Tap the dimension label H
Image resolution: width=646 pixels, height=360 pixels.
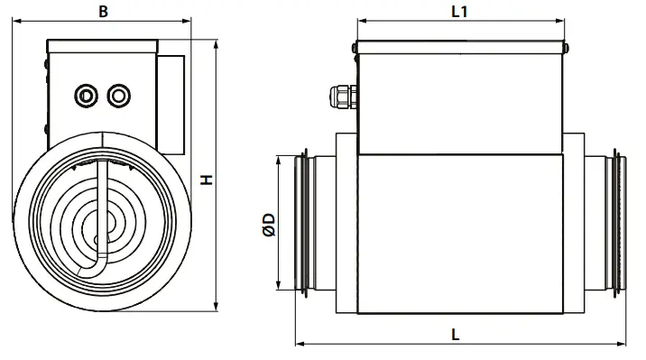pos(207,180)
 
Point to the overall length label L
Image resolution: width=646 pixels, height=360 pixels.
pos(457,333)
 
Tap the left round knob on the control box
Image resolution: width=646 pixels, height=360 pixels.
pos(87,93)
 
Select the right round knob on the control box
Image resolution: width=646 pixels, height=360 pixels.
pos(117,93)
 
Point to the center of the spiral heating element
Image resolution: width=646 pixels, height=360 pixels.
pos(97,221)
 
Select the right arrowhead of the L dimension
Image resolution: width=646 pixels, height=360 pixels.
pos(626,344)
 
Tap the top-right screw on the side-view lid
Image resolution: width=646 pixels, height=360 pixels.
pos(567,49)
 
